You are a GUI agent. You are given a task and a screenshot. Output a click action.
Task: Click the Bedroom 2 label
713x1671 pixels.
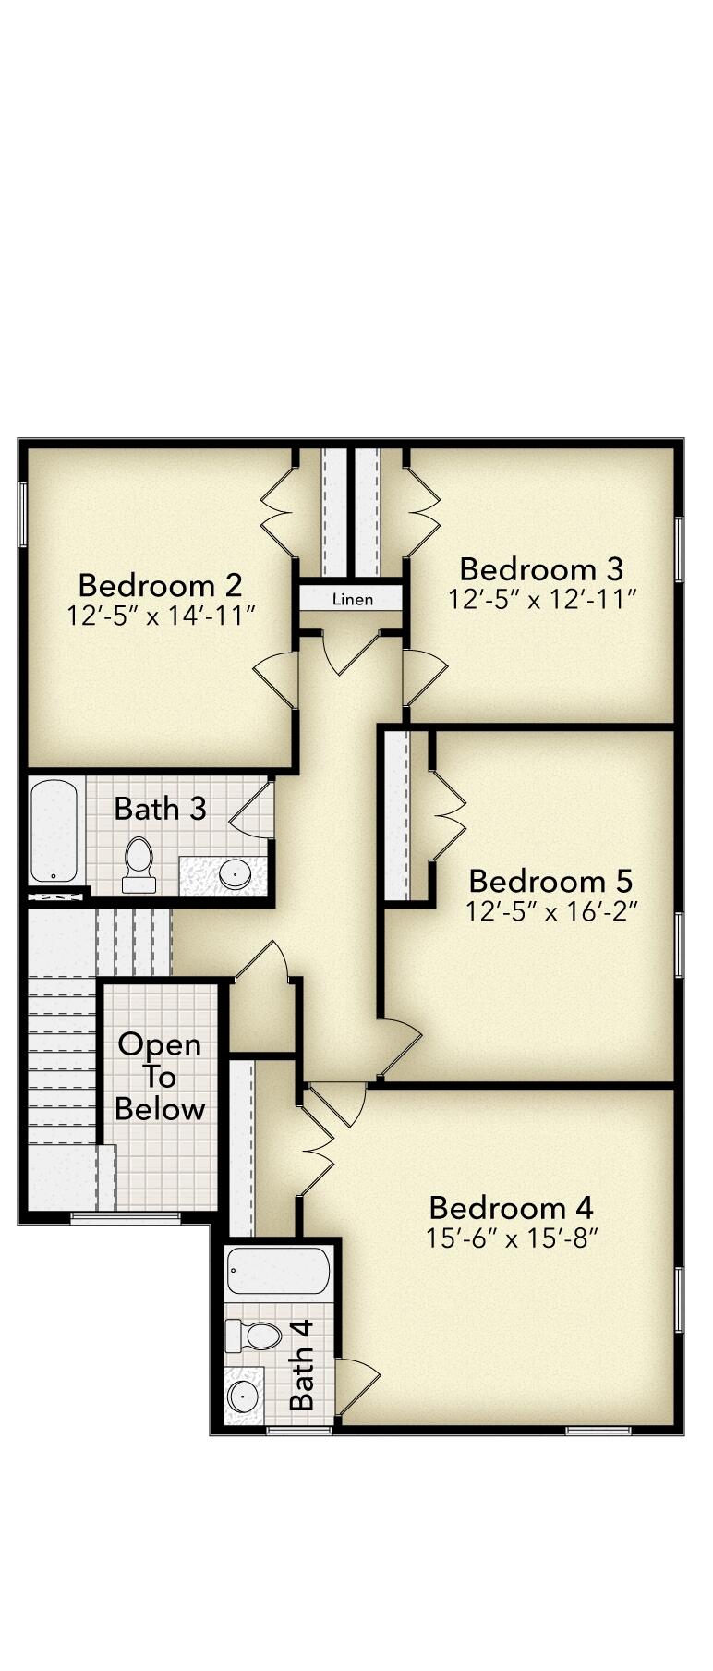point(160,585)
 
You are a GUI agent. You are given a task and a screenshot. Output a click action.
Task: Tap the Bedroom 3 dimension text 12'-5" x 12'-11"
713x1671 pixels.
point(543,599)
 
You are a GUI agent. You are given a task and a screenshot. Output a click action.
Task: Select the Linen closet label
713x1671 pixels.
point(353,599)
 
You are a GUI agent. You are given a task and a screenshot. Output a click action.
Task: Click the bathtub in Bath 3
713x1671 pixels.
point(54,831)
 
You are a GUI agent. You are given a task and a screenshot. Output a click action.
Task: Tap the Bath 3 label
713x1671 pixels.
point(160,809)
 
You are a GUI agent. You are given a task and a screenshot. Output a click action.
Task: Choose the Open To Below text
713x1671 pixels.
point(160,1077)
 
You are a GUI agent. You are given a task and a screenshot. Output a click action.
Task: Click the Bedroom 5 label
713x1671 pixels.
point(550,880)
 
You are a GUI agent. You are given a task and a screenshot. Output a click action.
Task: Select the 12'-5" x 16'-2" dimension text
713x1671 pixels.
point(552,911)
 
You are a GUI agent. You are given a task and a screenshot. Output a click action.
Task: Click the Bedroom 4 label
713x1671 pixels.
point(511,1207)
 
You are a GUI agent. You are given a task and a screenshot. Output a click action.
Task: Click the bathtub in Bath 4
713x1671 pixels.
point(278,1272)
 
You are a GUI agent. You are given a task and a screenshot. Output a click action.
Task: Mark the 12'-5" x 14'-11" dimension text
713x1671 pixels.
point(161,616)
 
